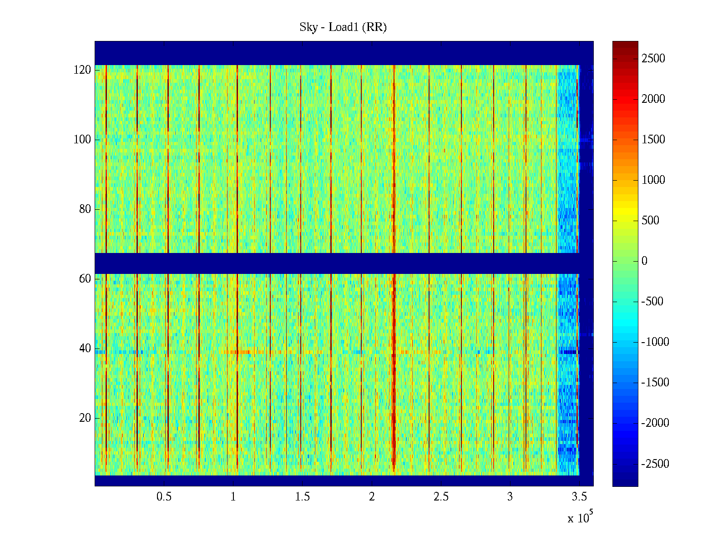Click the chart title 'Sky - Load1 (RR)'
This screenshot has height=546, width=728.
(343, 27)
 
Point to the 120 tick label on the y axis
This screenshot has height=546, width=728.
(82, 70)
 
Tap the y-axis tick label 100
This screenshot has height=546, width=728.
(82, 140)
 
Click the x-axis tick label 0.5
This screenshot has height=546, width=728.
(164, 497)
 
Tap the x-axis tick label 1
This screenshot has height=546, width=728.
(233, 497)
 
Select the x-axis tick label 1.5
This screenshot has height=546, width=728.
(302, 497)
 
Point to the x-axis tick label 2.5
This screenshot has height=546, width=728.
(441, 497)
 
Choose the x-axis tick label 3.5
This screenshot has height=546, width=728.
(579, 497)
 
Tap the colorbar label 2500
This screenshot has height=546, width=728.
(653, 59)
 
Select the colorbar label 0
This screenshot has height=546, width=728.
(644, 261)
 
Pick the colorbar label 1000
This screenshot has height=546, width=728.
(653, 180)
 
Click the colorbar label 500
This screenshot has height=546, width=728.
(650, 221)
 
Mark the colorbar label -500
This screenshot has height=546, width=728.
(652, 302)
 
